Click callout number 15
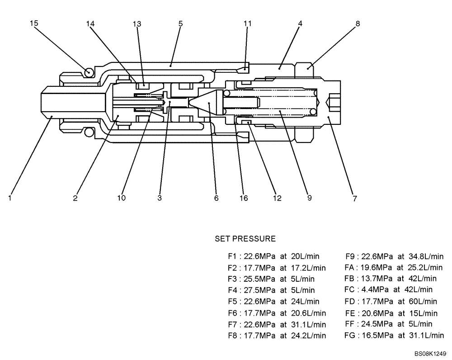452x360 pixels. click(34, 23)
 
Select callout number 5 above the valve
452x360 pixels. click(180, 23)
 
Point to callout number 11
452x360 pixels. click(247, 23)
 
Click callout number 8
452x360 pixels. click(358, 23)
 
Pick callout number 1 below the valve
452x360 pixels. click(9, 198)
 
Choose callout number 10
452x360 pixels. click(122, 198)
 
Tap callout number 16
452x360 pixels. click(244, 198)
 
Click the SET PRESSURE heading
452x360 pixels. click(245, 238)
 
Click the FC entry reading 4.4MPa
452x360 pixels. click(388, 289)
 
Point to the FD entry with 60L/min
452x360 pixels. click(391, 301)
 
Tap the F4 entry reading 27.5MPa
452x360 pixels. click(271, 290)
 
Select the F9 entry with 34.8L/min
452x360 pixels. click(394, 256)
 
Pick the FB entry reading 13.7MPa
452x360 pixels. click(390, 278)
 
